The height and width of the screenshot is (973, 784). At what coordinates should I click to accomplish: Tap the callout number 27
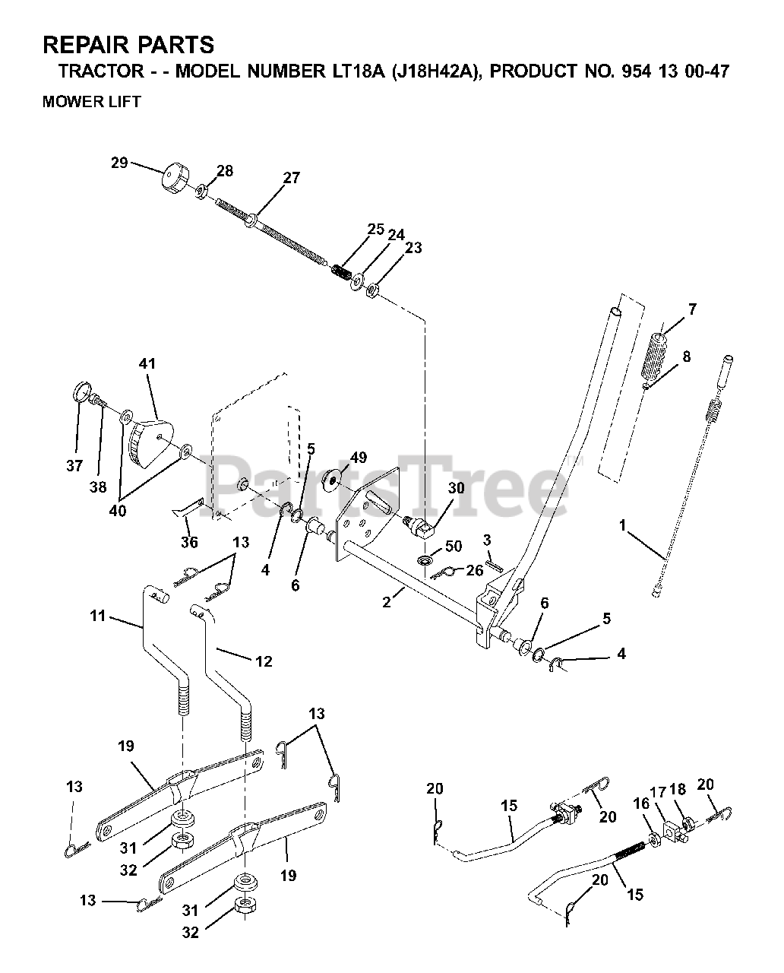point(291,178)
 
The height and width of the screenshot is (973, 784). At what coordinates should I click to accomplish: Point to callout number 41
point(147,364)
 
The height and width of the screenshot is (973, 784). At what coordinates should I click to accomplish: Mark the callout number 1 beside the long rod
point(623,525)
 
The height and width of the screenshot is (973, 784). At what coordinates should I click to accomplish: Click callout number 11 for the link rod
point(97,616)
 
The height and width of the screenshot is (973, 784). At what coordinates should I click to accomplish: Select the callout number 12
point(263,661)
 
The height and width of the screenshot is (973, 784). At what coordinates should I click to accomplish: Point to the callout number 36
point(189,542)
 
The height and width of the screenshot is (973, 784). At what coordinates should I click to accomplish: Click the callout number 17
point(657,791)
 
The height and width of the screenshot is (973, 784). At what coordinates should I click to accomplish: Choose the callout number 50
point(453,547)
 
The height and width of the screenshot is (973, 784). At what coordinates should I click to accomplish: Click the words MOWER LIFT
point(92,102)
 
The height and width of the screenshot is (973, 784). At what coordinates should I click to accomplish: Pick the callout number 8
point(686,357)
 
